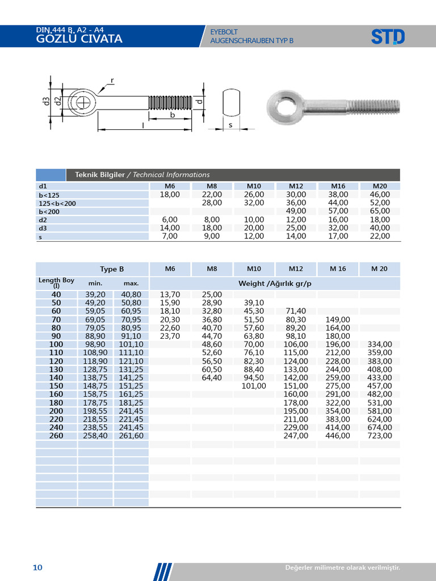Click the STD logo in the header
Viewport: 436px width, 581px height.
(x=388, y=37)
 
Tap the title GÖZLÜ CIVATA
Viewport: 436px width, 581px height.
(x=79, y=39)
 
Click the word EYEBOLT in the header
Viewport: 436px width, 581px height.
(x=224, y=32)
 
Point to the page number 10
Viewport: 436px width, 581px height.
(x=37, y=568)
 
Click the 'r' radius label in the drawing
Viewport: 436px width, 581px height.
(x=112, y=81)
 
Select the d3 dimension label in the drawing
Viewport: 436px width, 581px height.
(x=45, y=102)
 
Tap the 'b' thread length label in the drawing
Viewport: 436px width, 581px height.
(x=172, y=115)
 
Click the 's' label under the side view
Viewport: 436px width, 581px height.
(x=230, y=124)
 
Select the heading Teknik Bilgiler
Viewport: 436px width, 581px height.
(x=99, y=175)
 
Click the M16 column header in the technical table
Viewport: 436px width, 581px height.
(x=338, y=186)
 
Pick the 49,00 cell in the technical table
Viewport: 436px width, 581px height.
(x=296, y=211)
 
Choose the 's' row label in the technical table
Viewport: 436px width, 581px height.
(x=40, y=237)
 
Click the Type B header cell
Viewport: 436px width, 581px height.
(x=112, y=269)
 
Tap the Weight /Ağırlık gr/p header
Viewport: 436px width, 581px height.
(x=275, y=283)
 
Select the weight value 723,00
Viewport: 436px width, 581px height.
(x=380, y=436)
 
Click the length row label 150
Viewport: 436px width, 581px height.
(x=56, y=386)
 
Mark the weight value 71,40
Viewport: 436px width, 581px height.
(x=296, y=311)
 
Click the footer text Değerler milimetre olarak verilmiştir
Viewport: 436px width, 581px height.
(x=342, y=568)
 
